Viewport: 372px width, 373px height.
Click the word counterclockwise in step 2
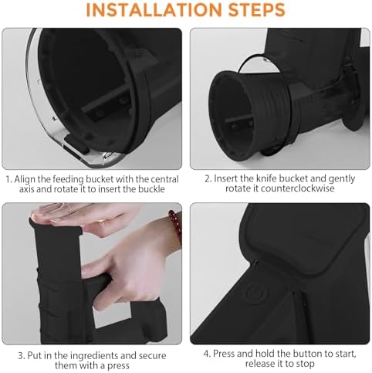tap(298, 188)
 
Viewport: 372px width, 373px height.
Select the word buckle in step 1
tap(151, 189)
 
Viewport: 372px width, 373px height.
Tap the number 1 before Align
tap(8, 179)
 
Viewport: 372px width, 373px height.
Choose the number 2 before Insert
tap(208, 178)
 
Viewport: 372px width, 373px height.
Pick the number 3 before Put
tap(22, 356)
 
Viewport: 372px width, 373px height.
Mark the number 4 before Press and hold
tap(207, 354)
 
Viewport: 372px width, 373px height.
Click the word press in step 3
tap(118, 366)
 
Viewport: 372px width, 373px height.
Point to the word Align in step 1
tap(25, 180)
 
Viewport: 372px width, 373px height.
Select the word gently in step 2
tap(342, 179)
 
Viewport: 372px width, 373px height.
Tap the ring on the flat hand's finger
tap(63, 206)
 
